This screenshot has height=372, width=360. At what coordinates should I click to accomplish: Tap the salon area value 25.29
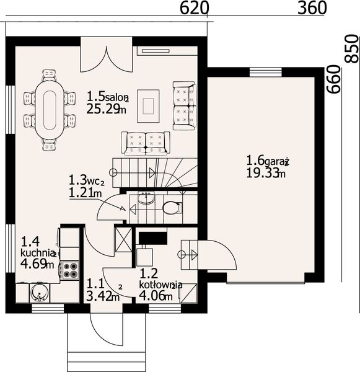click(103, 109)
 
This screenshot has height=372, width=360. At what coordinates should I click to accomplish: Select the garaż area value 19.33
click(262, 172)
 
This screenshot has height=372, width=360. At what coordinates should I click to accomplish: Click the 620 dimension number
click(195, 8)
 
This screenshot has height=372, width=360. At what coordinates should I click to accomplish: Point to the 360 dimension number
click(312, 8)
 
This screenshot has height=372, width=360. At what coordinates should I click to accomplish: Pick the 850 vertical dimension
click(351, 49)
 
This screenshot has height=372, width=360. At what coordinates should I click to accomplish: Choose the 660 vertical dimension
click(333, 79)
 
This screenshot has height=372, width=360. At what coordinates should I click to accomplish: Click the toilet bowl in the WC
click(172, 208)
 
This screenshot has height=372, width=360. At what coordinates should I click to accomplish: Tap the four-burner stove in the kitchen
click(70, 270)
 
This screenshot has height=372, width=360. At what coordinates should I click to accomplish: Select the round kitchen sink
click(40, 293)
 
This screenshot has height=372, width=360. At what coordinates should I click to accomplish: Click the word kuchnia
click(37, 253)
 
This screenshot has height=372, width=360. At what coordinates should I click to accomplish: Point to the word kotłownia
click(160, 284)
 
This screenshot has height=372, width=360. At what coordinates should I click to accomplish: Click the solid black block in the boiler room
click(152, 238)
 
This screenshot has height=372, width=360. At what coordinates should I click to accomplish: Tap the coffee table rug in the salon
click(148, 106)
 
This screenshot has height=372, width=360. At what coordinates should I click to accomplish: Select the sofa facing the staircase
click(146, 143)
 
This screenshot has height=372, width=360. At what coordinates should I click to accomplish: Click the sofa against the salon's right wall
click(185, 106)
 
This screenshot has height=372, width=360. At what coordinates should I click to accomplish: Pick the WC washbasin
click(146, 198)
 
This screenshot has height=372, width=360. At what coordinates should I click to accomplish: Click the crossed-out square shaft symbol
click(123, 239)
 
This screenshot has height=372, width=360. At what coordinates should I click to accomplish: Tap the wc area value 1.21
click(81, 193)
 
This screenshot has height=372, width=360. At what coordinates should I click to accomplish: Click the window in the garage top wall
click(266, 72)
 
